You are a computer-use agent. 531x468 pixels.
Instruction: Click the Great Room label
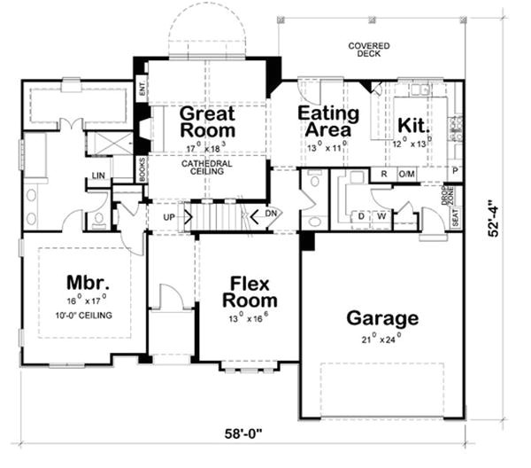click(208, 123)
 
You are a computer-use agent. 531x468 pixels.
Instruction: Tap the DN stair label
click(273, 215)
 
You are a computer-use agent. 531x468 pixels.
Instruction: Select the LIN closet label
click(97, 176)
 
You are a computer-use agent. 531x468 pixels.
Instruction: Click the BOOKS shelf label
click(142, 168)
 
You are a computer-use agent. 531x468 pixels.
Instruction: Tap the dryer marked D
click(362, 215)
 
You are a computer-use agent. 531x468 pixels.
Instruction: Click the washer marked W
click(382, 215)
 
